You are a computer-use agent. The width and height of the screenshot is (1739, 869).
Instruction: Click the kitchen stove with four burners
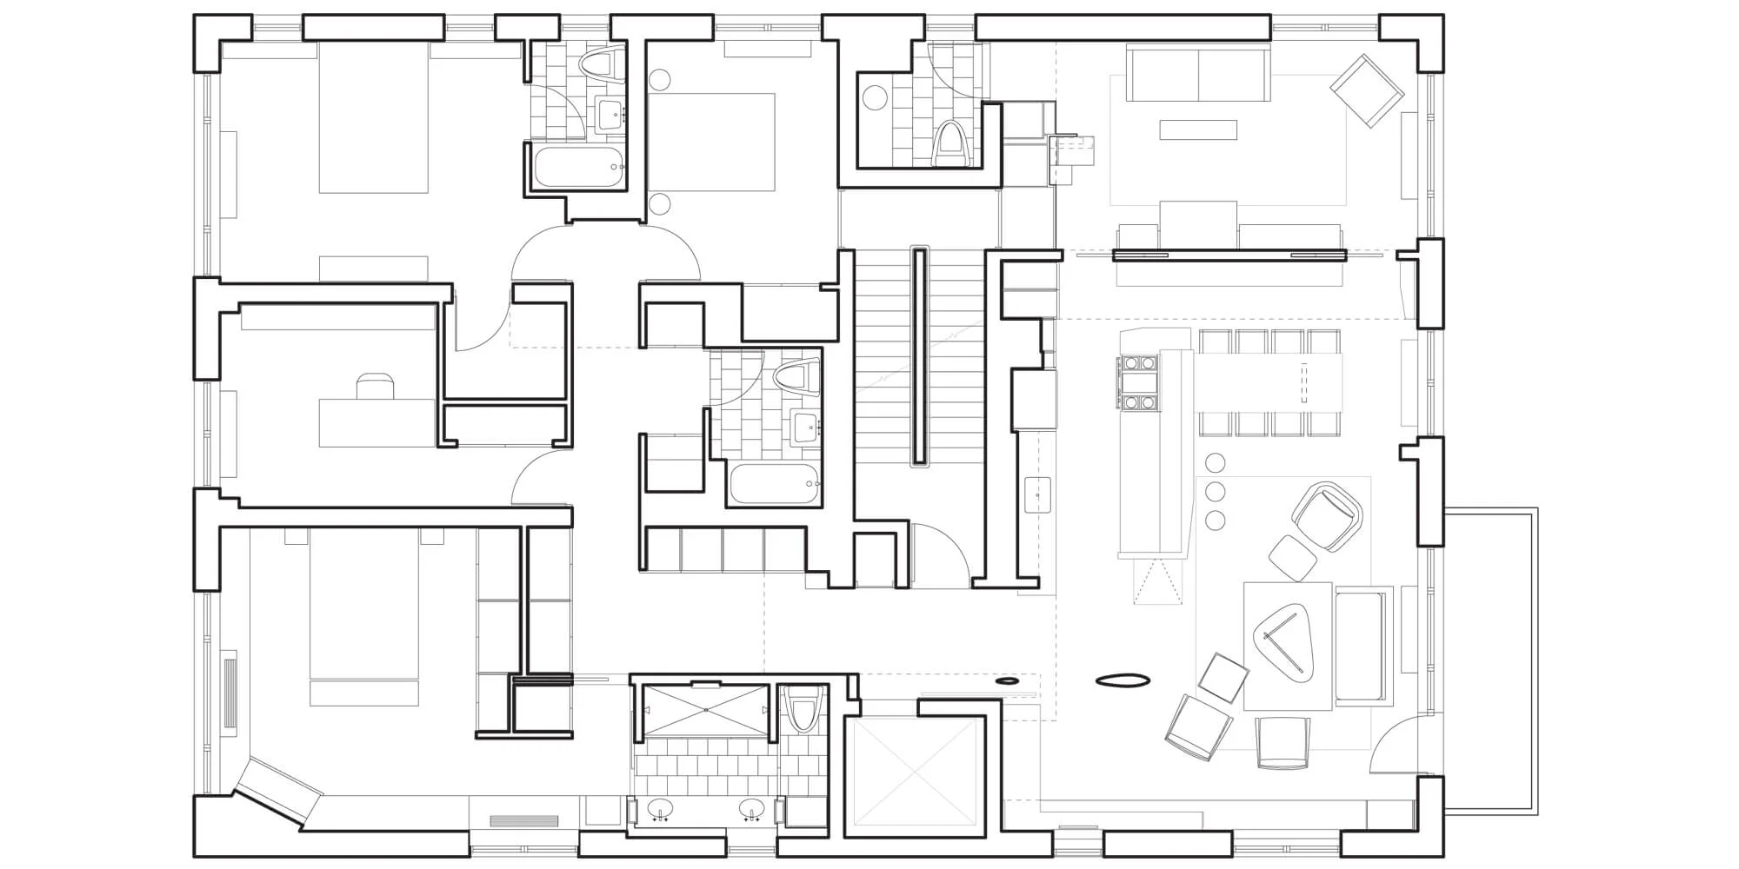(x=1138, y=382)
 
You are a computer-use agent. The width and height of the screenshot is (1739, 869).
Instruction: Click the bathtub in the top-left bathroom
(x=579, y=168)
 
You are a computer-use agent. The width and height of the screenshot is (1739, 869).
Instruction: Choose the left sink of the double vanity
(x=660, y=810)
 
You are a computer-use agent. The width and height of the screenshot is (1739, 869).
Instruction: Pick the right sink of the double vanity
(x=752, y=810)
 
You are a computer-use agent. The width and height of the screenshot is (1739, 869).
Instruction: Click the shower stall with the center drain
(x=705, y=711)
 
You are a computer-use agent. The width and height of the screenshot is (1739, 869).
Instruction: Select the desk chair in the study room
(x=374, y=386)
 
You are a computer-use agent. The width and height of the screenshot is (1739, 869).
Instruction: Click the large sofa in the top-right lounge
(x=1198, y=73)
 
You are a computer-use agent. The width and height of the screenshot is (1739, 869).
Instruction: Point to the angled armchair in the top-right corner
(x=1367, y=90)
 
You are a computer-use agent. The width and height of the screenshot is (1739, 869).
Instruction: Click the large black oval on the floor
(x=1123, y=681)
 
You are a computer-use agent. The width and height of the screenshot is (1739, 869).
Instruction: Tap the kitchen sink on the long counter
(x=1037, y=494)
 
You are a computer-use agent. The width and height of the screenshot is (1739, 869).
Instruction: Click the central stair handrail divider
(x=919, y=356)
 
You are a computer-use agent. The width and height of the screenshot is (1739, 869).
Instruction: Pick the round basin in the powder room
(x=873, y=97)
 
